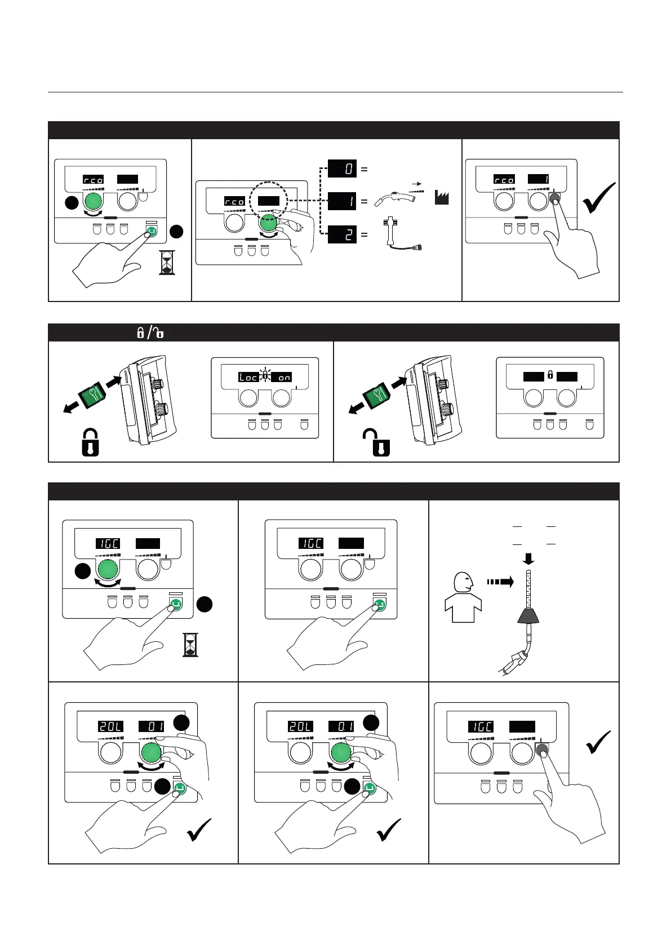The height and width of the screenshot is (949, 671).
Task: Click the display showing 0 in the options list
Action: pos(343,168)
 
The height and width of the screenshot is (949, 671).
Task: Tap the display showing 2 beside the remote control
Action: pos(343,234)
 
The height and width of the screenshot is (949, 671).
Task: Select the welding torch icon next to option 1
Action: pos(397,200)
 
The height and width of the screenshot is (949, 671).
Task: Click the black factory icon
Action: pos(442,198)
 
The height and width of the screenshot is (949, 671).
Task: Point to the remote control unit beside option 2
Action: pos(398,234)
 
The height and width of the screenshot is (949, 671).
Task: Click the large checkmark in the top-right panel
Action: pos(599,198)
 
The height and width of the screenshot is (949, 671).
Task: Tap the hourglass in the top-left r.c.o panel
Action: pos(167,263)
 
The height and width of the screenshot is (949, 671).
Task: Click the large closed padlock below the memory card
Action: pos(91,442)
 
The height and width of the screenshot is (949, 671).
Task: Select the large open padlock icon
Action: pos(376,442)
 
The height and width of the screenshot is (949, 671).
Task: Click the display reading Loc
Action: pos(248,377)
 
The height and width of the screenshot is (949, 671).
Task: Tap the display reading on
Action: pos(285,377)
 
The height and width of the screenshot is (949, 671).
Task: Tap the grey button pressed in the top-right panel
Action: pos(555,198)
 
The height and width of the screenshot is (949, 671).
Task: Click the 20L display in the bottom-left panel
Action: pos(110,726)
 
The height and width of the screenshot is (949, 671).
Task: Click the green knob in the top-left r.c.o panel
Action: pos(94,201)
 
